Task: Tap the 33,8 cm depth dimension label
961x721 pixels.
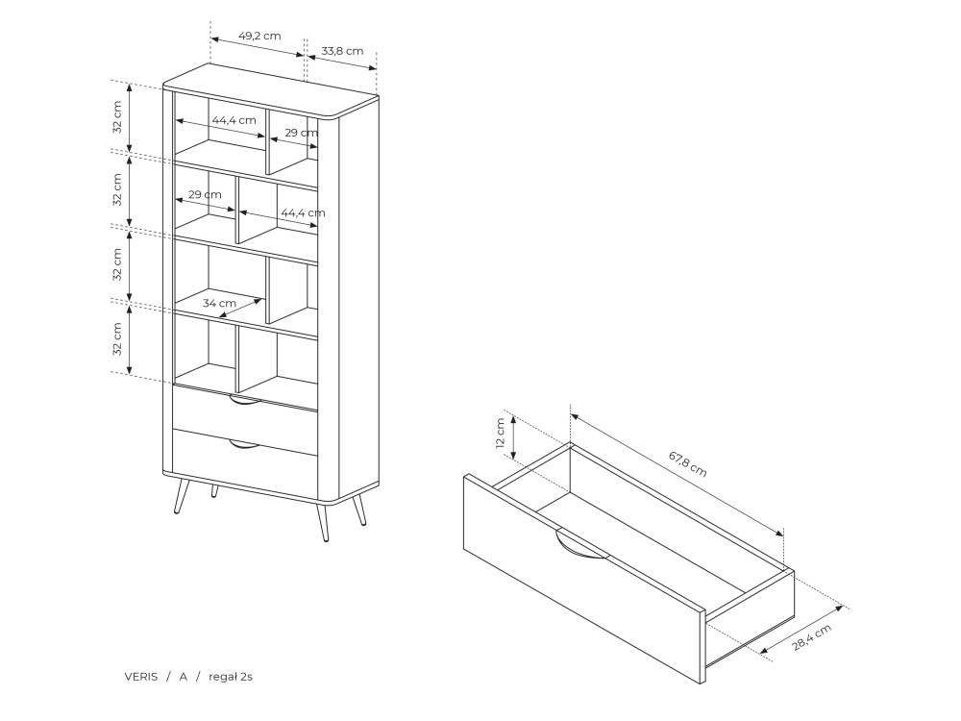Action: [342, 51]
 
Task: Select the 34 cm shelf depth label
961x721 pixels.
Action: [219, 303]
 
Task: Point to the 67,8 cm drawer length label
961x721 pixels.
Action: [688, 464]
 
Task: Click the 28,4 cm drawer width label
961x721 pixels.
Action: [812, 637]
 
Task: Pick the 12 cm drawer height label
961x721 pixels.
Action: [500, 434]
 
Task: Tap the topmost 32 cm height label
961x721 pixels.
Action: [117, 117]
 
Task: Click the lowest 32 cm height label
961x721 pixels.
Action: [117, 339]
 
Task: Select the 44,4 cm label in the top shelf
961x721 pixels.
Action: [234, 120]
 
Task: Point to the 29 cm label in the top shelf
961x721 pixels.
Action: [302, 133]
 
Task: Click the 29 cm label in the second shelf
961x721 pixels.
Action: [205, 194]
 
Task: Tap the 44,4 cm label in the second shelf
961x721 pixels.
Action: [303, 212]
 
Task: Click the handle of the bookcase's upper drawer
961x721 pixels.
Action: [244, 400]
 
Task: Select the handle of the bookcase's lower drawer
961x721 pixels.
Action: [244, 444]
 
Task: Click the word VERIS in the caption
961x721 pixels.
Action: [141, 677]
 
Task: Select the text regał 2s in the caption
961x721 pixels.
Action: [231, 677]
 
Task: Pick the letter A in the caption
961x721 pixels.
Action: [183, 677]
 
